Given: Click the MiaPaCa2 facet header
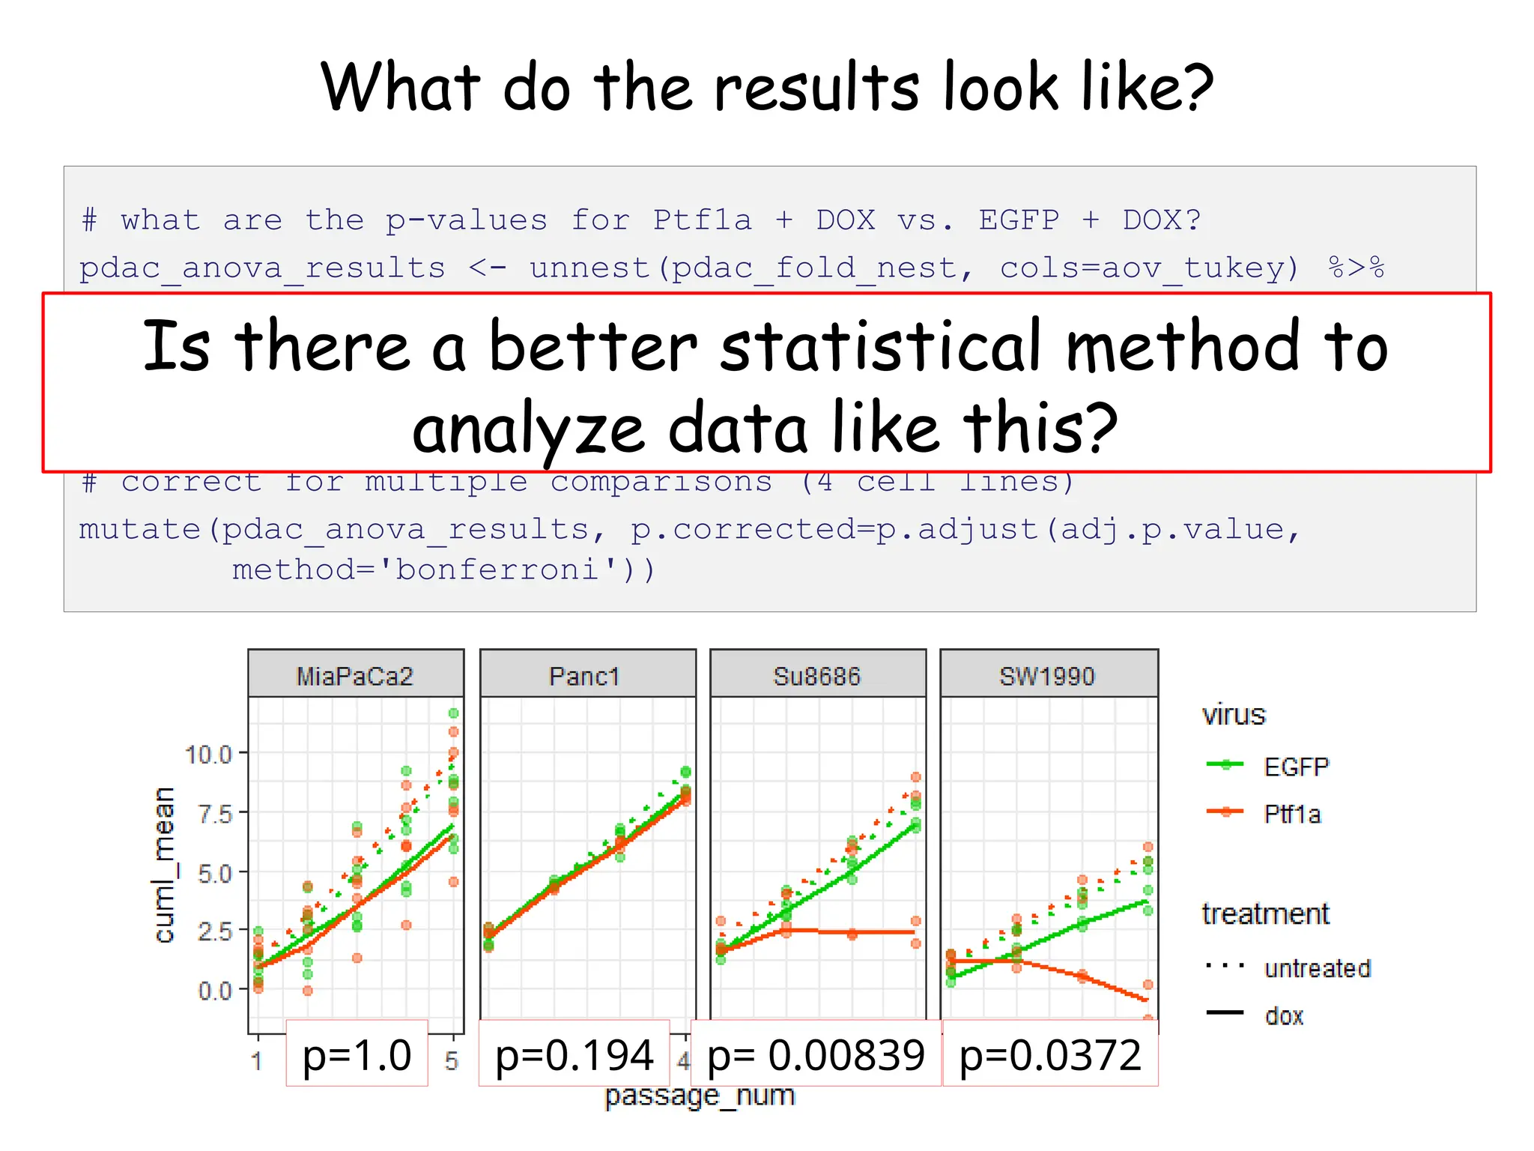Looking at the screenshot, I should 356,676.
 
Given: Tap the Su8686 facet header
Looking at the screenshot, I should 817,676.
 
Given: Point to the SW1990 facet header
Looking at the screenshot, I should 1048,676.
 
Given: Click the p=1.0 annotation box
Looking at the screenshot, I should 357,1055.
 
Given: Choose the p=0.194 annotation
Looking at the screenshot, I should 575,1055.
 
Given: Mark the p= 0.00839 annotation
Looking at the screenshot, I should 816,1055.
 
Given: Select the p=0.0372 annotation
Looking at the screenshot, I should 1050,1055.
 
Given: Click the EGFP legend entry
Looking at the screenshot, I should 1296,767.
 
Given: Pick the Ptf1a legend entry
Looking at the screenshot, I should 1292,814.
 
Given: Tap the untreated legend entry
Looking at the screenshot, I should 1317,968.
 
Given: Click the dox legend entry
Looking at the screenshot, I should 1285,1016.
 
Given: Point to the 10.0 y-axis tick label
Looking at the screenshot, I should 209,754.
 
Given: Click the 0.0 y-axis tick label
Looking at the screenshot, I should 215,991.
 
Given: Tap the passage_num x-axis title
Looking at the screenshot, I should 700,1096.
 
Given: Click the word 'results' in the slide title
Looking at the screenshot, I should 816,88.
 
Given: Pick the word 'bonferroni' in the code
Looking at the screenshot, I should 498,570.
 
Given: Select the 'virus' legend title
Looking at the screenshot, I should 1234,715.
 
